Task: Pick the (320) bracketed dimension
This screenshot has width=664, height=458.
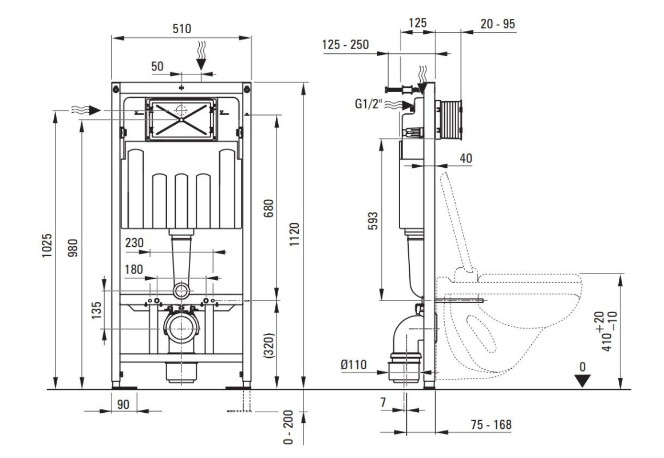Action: click(269, 345)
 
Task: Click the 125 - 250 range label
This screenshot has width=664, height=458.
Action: click(345, 45)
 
